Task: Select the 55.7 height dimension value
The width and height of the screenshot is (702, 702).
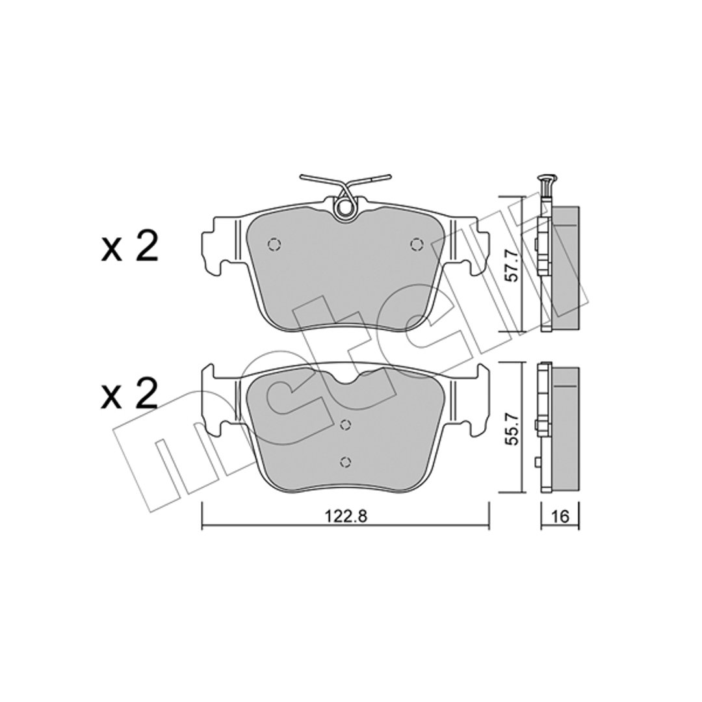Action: click(512, 428)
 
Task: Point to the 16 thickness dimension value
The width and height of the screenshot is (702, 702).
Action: click(560, 516)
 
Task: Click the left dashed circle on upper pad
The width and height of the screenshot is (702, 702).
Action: click(274, 244)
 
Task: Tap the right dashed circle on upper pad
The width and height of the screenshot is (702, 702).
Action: click(417, 244)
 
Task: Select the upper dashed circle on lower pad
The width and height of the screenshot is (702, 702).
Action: click(345, 424)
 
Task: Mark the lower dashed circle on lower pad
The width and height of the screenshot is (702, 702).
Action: click(345, 461)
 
